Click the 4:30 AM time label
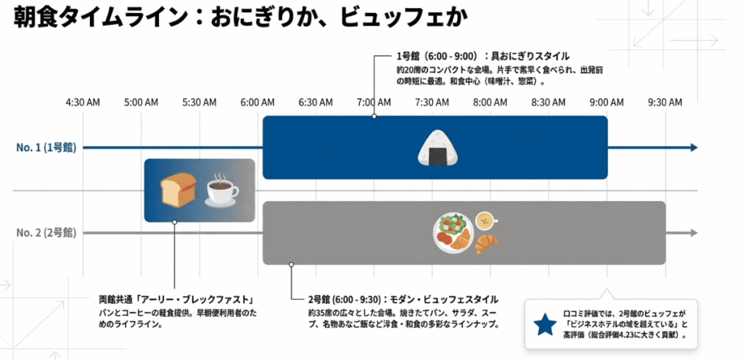click(82, 102)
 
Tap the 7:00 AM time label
click(374, 102)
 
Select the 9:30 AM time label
click(665, 102)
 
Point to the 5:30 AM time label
click(199, 102)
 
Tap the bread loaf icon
click(177, 189)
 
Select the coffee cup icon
click(221, 192)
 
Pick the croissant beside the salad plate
click(487, 243)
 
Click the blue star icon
click(545, 325)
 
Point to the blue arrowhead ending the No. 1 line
click(694, 148)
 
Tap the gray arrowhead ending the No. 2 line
click(694, 233)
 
